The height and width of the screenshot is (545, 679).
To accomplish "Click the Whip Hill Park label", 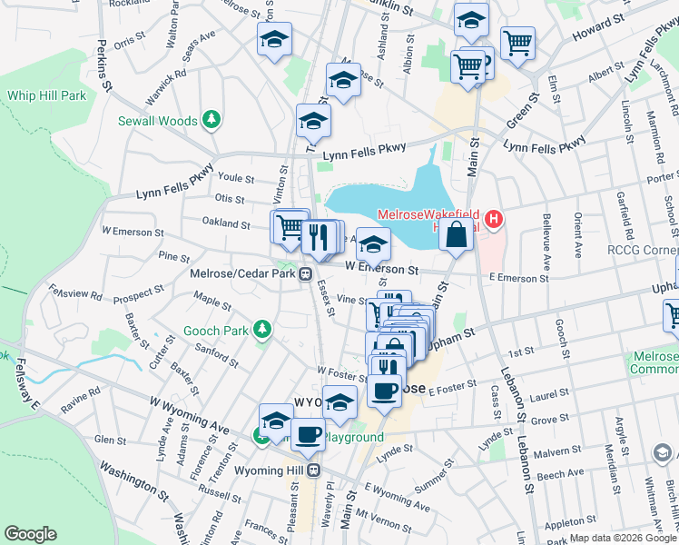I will tap(47, 94).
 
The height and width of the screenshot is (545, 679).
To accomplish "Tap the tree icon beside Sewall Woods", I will tap(212, 120).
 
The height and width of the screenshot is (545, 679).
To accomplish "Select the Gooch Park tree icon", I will tap(262, 330).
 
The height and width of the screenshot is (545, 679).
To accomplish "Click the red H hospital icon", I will tap(494, 219).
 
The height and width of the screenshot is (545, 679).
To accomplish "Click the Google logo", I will tap(31, 534).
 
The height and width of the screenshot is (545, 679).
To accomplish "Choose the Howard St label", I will tap(604, 27).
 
